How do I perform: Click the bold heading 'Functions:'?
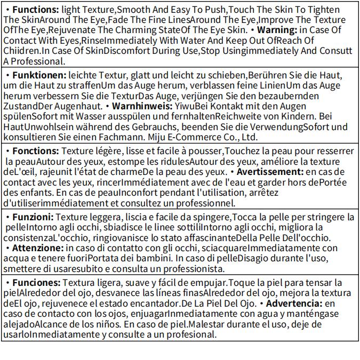[35, 10]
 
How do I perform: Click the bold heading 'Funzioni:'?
[33, 217]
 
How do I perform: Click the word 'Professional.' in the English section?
[31, 61]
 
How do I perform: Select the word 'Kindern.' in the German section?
[306, 116]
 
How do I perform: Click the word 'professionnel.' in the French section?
[205, 203]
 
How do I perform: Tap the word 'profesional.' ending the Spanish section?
[193, 334]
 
